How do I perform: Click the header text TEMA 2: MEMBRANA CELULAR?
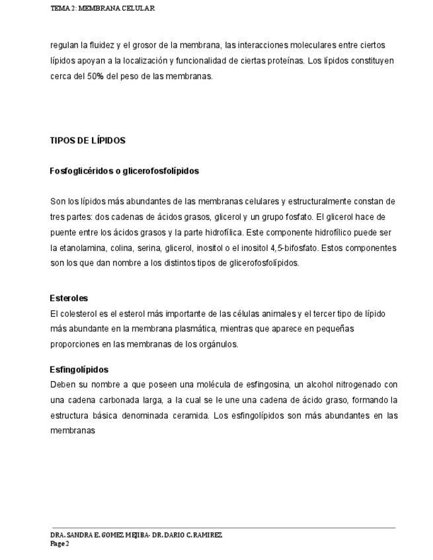102,8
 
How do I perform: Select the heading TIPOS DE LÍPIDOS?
88,141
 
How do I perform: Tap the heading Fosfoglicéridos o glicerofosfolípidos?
124,171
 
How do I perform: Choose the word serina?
147,248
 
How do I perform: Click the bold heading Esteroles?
69,298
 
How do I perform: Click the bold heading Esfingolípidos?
79,370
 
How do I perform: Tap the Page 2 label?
59,543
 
